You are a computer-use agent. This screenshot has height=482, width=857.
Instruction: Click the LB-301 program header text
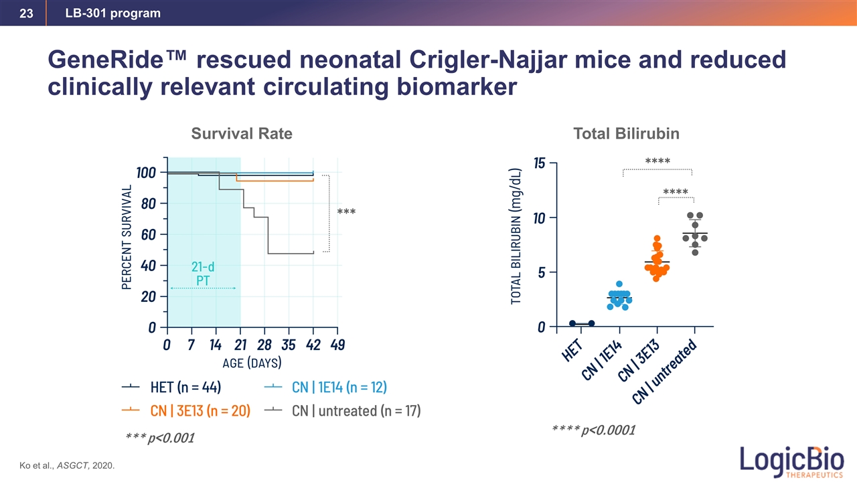112,13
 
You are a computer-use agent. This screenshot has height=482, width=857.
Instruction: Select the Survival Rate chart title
242,134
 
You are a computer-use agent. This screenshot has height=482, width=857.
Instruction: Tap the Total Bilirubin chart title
626,134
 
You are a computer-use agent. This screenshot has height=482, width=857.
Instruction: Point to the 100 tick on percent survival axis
146,173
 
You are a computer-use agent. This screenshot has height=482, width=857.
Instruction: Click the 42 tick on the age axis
313,344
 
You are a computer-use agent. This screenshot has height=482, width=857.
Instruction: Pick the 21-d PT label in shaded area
203,274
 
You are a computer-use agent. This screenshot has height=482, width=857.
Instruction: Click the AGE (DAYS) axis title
251,363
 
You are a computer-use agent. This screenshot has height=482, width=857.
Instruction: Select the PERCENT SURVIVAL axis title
127,237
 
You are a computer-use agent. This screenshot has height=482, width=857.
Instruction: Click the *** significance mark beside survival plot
346,213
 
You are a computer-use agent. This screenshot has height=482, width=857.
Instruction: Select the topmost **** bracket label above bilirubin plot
657,161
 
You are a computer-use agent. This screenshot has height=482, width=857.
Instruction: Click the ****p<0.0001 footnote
592,429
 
